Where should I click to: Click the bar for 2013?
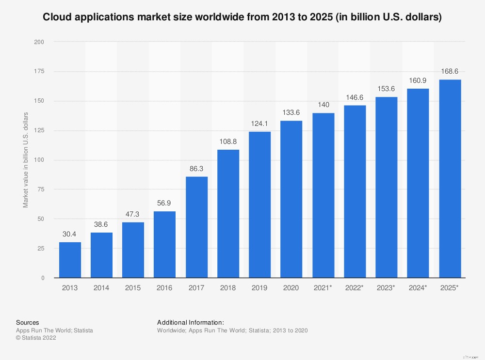pos(70,260)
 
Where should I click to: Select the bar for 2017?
pos(196,227)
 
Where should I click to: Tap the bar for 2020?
pos(291,199)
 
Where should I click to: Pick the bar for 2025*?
pos(450,179)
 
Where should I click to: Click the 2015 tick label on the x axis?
pos(133,287)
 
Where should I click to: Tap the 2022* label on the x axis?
pos(355,287)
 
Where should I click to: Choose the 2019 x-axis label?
pos(259,287)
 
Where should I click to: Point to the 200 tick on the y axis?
pos(39,42)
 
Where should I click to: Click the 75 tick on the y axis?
pos(41,189)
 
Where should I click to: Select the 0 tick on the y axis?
pos(43,278)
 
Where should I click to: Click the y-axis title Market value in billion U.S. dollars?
pos(26,160)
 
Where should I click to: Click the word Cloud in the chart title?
pos(55,17)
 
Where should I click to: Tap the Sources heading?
pos(28,322)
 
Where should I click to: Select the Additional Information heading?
pos(191,322)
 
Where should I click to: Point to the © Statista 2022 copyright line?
pos(36,338)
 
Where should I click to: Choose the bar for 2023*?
pos(386,188)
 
